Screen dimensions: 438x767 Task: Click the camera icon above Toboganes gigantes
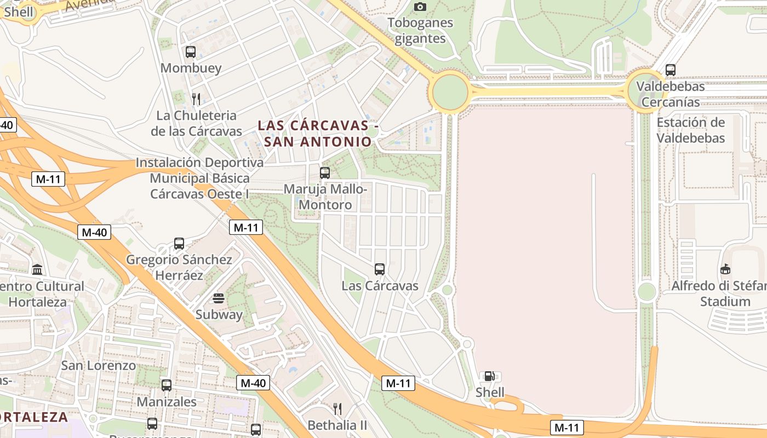point(420,7)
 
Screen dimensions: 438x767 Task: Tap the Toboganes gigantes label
point(420,31)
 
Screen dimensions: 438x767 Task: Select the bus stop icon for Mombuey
point(191,52)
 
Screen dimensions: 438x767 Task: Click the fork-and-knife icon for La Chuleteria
point(196,99)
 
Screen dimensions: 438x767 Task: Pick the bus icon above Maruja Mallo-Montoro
point(325,173)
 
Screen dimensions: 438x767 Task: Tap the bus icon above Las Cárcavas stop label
point(380,269)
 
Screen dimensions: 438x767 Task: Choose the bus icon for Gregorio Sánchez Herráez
point(179,244)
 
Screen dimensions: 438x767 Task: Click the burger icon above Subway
point(219,298)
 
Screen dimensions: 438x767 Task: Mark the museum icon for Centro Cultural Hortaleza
point(37,270)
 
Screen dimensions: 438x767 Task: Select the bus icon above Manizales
point(167,385)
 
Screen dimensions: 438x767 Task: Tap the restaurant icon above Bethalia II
point(337,409)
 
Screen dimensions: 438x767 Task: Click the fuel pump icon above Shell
point(489,376)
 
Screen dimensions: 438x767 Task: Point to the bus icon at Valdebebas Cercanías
point(671,70)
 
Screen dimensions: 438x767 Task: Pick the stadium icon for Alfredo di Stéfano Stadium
point(725,269)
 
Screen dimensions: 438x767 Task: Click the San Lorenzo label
point(99,365)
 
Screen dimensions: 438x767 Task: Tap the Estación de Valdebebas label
point(691,130)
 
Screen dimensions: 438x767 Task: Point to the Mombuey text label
point(191,68)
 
